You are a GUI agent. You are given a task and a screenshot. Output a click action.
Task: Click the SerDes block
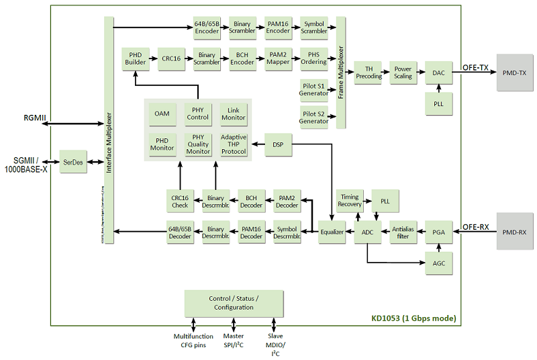coord(73,162)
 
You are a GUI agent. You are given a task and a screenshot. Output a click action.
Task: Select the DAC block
coord(438,73)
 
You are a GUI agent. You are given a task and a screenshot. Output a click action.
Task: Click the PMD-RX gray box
coord(514,232)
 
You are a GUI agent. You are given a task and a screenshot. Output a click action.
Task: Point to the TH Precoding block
coord(369,73)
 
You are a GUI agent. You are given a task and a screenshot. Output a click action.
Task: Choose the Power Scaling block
coord(403,73)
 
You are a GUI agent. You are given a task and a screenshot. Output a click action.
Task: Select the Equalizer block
coord(332,232)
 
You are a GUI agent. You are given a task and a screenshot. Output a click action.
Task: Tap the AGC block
coord(438,263)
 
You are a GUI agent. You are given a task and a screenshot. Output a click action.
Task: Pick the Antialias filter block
coord(402,232)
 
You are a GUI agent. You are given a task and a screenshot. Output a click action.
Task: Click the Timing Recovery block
coord(350,200)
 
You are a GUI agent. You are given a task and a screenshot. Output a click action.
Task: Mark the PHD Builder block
coord(136,58)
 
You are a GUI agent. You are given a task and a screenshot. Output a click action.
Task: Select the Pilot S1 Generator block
coord(313,89)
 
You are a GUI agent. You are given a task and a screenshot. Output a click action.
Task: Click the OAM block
coord(162,114)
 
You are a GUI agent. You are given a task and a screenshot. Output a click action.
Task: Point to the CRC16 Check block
coord(180,200)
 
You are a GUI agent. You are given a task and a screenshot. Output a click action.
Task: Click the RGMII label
coord(35,118)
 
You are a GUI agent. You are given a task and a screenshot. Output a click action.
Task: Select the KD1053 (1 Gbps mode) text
coord(413,318)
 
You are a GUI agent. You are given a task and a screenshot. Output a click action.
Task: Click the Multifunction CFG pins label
coord(193,341)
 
